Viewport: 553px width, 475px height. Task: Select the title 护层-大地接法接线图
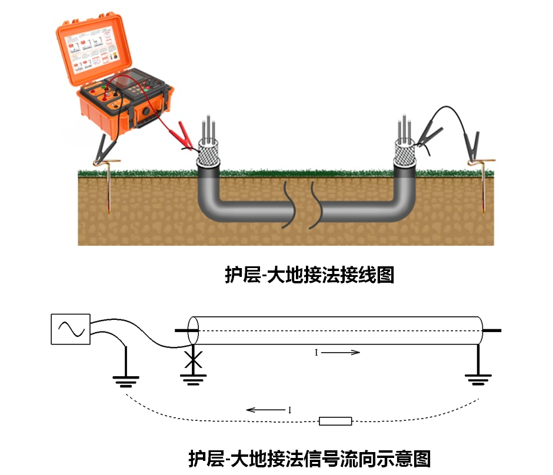[x=309, y=275]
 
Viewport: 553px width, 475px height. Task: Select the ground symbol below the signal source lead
[x=125, y=381]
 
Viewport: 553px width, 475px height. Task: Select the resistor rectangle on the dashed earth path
[x=335, y=420]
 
